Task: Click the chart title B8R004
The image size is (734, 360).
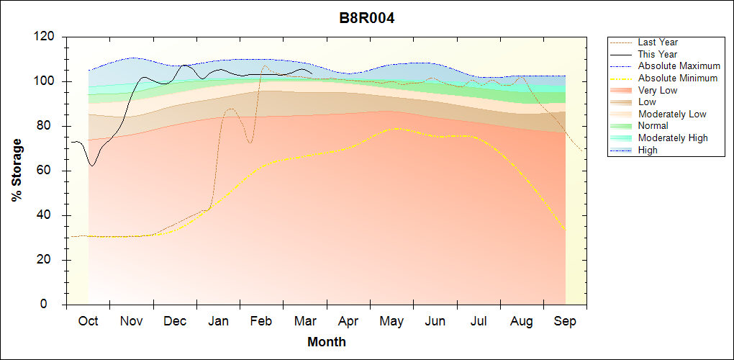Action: tap(367, 18)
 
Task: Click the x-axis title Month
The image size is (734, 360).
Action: tap(326, 342)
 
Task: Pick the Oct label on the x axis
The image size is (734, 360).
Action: tap(89, 321)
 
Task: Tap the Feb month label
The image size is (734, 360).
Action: tap(261, 321)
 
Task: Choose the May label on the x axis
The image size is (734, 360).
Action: tap(391, 321)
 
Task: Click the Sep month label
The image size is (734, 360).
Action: tap(565, 321)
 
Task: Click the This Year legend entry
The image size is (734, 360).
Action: tap(657, 54)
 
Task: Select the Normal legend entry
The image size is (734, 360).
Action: tap(653, 126)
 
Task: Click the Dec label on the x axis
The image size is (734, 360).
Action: tap(175, 321)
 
